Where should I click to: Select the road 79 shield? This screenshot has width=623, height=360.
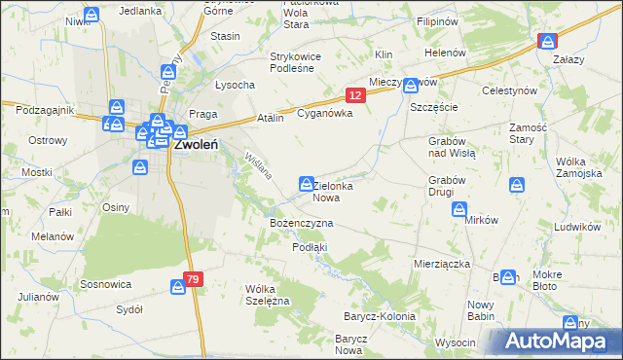194,279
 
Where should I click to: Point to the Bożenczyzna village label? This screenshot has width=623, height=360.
301,223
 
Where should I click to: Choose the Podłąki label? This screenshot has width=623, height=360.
310,247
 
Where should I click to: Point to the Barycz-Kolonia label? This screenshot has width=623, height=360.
379,316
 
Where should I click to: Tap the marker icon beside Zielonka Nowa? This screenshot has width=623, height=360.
306,183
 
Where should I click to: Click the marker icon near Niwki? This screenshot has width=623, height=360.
91,16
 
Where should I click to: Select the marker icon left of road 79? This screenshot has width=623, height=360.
178,287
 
